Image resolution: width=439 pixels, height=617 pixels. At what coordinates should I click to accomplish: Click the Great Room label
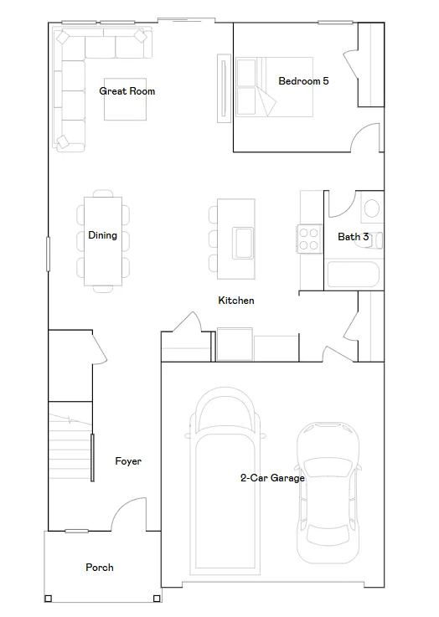pyautogui.click(x=127, y=91)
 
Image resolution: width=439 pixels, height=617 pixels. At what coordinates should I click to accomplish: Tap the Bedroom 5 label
pyautogui.click(x=303, y=81)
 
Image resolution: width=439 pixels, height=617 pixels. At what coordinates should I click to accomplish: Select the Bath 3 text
pyautogui.click(x=354, y=236)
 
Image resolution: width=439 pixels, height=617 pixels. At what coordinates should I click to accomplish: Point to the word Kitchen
pyautogui.click(x=236, y=301)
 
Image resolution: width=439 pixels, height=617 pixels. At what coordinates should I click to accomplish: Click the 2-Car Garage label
pyautogui.click(x=272, y=478)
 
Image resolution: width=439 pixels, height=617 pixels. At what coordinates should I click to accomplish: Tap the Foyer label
pyautogui.click(x=128, y=461)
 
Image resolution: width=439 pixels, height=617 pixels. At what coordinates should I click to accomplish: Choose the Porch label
pyautogui.click(x=100, y=567)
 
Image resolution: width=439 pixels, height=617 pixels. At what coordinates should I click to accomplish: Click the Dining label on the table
pyautogui.click(x=102, y=235)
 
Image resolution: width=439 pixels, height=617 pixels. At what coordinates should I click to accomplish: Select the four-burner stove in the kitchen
pyautogui.click(x=308, y=239)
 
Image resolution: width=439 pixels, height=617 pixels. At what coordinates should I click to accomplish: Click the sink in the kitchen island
pyautogui.click(x=243, y=243)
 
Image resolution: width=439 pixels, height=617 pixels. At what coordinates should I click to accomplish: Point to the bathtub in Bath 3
pyautogui.click(x=354, y=275)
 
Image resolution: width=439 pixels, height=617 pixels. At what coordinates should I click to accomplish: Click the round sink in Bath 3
pyautogui.click(x=372, y=208)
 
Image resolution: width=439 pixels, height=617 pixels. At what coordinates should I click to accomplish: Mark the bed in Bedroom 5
pyautogui.click(x=275, y=87)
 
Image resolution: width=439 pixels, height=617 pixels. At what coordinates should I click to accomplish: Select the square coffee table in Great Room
pyautogui.click(x=125, y=99)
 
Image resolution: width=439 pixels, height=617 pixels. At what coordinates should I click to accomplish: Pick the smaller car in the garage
pyautogui.click(x=328, y=492)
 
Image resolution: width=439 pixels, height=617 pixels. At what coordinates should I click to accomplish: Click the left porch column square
pyautogui.click(x=48, y=599)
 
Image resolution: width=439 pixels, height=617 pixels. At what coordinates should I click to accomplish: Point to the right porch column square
pyautogui.click(x=157, y=599)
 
